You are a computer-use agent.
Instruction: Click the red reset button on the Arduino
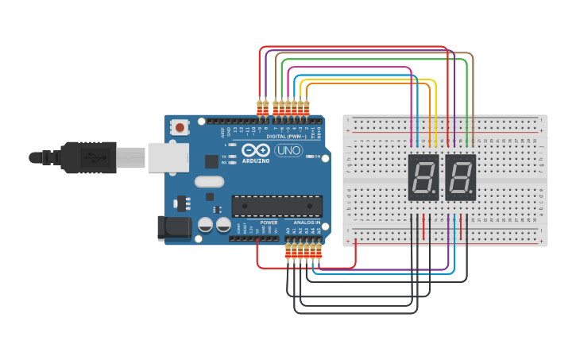pyautogui.click(x=181, y=127)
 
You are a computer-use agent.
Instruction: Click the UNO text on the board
pyautogui.click(x=288, y=150)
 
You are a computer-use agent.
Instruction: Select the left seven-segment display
pyautogui.click(x=423, y=177)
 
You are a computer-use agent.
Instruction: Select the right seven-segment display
pyautogui.click(x=460, y=177)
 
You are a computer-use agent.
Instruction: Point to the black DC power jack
pyautogui.click(x=174, y=228)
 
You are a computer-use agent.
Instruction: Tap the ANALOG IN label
pyautogui.click(x=307, y=223)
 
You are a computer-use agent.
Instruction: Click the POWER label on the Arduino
pyautogui.click(x=269, y=223)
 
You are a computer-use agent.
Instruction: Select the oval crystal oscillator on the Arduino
pyautogui.click(x=209, y=181)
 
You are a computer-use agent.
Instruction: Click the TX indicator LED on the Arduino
pyautogui.click(x=233, y=157)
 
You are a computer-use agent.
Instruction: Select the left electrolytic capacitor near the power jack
pyautogui.click(x=206, y=226)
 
